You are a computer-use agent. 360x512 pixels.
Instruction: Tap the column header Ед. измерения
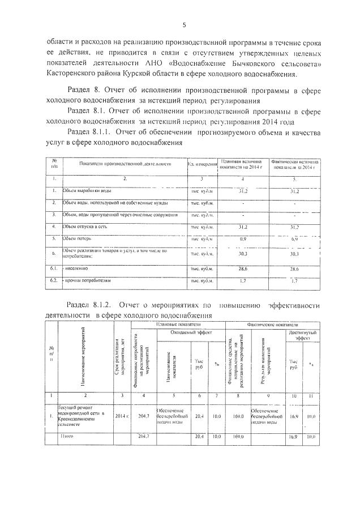click(203, 164)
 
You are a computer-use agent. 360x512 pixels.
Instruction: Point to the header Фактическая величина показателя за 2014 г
click(294, 164)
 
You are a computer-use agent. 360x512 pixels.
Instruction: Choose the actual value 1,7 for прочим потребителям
click(294, 280)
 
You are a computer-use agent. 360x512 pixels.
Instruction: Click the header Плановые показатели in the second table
click(178, 323)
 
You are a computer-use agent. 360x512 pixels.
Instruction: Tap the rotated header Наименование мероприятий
click(83, 355)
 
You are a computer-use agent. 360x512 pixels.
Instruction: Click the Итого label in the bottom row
click(67, 436)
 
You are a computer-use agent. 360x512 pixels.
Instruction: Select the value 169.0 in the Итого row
click(238, 436)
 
